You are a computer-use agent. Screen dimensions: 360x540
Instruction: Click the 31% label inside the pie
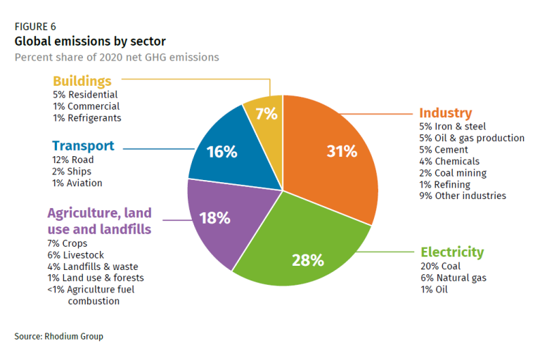pyautogui.click(x=342, y=151)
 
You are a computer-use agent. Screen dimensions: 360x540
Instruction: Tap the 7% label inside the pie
pyautogui.click(x=266, y=114)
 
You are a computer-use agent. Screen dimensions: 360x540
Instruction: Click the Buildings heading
pyautogui.click(x=82, y=81)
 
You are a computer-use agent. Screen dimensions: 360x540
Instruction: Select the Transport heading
pyautogui.click(x=83, y=146)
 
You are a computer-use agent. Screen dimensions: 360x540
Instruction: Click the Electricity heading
pyautogui.click(x=452, y=252)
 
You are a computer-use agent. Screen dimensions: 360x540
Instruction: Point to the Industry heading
pyautogui.click(x=445, y=112)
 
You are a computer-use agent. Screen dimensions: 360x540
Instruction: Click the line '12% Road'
pyautogui.click(x=73, y=160)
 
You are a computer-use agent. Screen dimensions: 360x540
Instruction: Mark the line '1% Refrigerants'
pyautogui.click(x=87, y=118)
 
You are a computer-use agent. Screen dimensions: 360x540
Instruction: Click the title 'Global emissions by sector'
pyautogui.click(x=90, y=41)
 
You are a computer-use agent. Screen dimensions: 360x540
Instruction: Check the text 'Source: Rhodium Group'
pyautogui.click(x=58, y=336)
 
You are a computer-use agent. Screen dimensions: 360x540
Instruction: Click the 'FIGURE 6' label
pyautogui.click(x=35, y=27)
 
